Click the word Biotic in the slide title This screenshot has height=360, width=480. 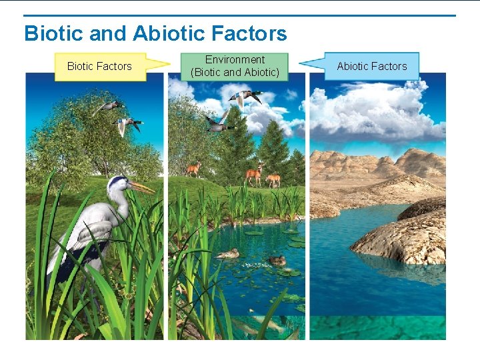point(51,33)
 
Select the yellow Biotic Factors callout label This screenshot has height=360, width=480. point(100,66)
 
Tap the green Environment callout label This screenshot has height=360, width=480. point(235,66)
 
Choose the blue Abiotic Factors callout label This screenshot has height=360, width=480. point(371,66)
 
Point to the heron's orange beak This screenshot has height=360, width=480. point(141,187)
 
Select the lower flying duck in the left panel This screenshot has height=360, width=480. point(127,124)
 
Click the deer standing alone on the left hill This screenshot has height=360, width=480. point(193,169)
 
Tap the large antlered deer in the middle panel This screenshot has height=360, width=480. point(254,175)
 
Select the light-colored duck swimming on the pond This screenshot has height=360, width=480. point(228,253)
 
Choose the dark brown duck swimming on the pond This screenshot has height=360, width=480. point(275,260)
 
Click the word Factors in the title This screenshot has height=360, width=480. point(247,33)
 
